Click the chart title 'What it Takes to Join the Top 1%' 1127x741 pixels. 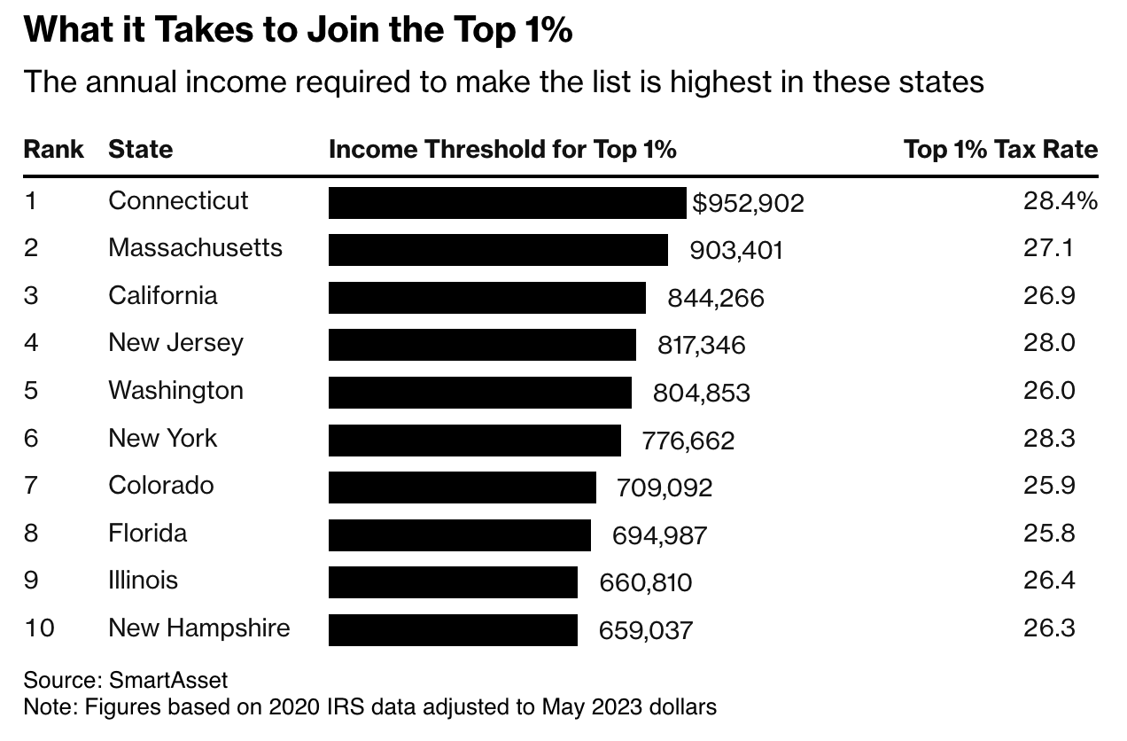(298, 31)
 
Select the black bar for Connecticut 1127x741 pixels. (507, 202)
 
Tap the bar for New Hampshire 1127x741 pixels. (453, 629)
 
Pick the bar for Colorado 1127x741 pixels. (462, 487)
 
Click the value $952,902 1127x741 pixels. (748, 203)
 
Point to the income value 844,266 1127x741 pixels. (716, 298)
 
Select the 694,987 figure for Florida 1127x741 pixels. (660, 534)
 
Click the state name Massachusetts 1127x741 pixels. (195, 247)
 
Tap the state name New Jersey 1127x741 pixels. (175, 342)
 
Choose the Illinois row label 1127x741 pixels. (143, 580)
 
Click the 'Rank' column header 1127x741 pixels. (53, 149)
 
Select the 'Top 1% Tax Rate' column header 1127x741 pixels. (1000, 149)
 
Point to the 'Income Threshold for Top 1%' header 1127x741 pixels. (502, 149)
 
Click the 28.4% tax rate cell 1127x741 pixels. (1060, 200)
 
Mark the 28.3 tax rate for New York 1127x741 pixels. (1049, 438)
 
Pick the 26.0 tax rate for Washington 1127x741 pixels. (1049, 390)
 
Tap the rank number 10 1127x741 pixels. (39, 628)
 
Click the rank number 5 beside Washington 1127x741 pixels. (31, 390)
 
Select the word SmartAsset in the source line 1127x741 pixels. (168, 681)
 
